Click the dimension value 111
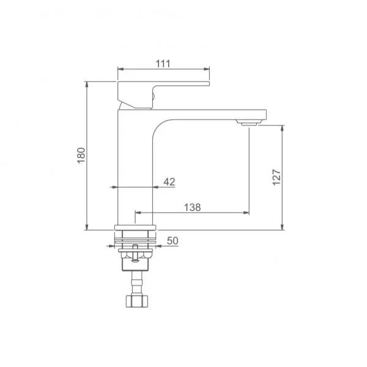pos(163,64)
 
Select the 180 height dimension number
pos(81,155)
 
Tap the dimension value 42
pos(169,182)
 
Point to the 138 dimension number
pos(193,207)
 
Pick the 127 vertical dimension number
pos(276,177)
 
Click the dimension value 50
pos(172,240)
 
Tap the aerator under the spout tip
pos(248,123)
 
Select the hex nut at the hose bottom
pos(137,301)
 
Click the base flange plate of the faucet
pos(135,228)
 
